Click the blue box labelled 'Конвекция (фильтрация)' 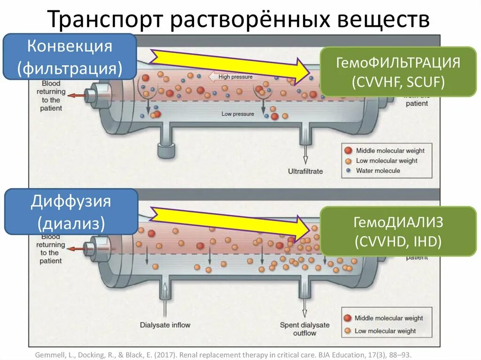(x=70, y=56)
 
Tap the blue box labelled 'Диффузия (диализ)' (x=71, y=212)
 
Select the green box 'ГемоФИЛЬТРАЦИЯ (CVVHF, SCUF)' (x=398, y=71)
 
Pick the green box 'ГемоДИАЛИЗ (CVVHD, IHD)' (x=398, y=231)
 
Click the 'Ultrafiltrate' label (x=305, y=171)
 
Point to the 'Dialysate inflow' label (x=165, y=325)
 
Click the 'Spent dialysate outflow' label (x=304, y=329)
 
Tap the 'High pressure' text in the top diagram (x=235, y=77)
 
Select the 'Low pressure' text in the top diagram (x=238, y=114)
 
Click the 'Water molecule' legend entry (x=378, y=170)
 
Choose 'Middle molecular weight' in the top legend (x=390, y=151)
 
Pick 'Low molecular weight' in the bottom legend (x=385, y=331)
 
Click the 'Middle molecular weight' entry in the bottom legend (x=388, y=318)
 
